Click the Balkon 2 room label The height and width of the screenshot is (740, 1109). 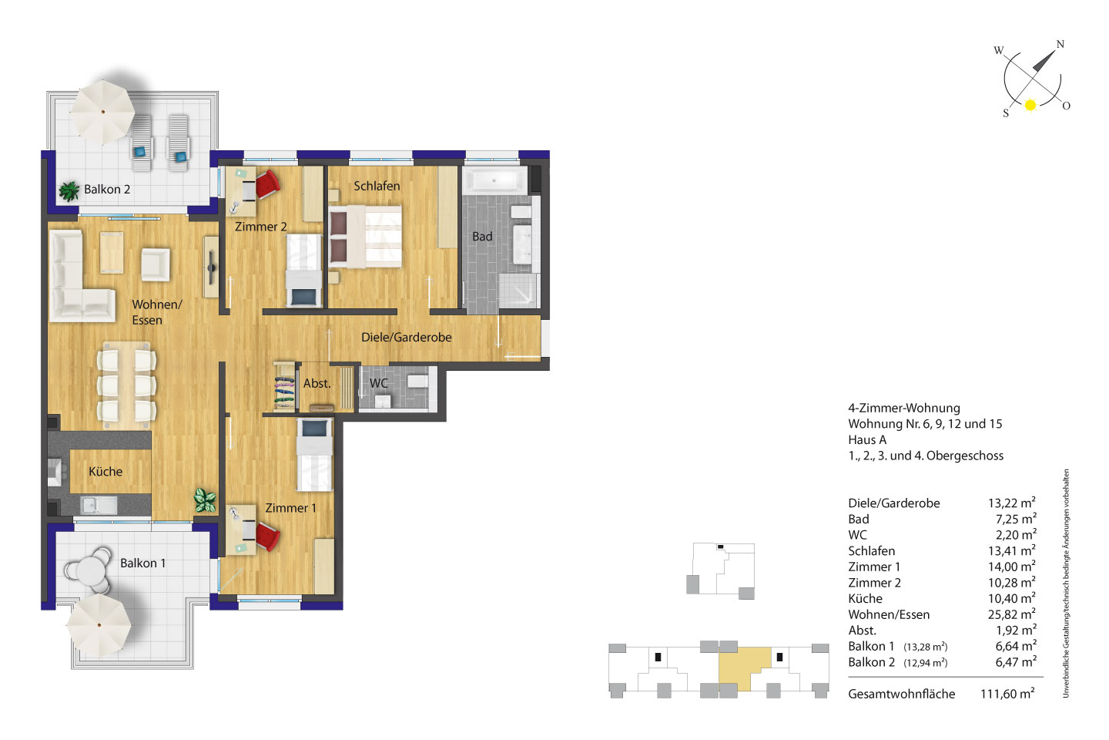[107, 190]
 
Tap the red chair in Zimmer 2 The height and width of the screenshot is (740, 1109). [267, 184]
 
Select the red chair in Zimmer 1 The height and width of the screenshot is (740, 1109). [267, 536]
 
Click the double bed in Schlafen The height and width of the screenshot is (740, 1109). [365, 237]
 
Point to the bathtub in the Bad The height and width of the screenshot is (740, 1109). [494, 180]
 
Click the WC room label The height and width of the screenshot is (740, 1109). [379, 383]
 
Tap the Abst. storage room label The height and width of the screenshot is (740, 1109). [317, 384]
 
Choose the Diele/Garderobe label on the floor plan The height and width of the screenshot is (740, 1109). [407, 338]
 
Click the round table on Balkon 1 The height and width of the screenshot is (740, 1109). [91, 569]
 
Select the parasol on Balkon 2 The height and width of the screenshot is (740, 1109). [102, 112]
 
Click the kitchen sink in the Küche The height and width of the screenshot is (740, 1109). [99, 506]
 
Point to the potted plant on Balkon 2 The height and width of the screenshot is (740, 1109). [69, 191]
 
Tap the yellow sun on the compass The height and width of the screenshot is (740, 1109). [1030, 105]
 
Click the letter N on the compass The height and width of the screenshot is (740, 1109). [1060, 44]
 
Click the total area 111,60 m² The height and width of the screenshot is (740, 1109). [1007, 694]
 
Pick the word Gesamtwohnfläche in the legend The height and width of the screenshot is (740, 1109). [902, 694]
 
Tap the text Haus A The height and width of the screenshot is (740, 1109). [867, 439]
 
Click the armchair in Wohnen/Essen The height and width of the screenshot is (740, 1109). [156, 264]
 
